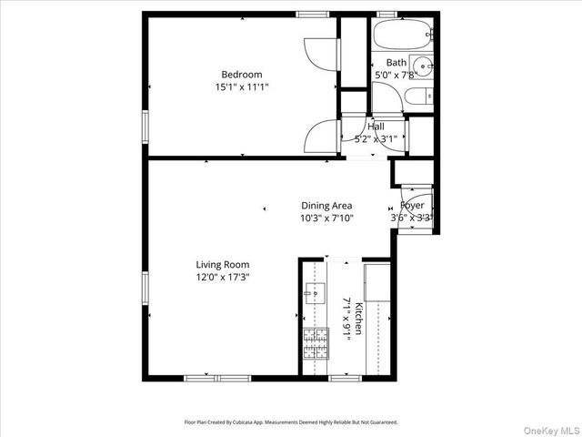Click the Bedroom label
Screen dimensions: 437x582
(x=242, y=75)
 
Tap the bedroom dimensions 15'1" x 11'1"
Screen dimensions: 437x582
(x=242, y=87)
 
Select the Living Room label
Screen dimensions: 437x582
(x=223, y=265)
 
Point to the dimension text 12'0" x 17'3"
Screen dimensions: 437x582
(x=223, y=278)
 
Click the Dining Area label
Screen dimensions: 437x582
(x=326, y=206)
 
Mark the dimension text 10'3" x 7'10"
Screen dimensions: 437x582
(x=326, y=218)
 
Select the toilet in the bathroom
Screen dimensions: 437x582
(x=416, y=97)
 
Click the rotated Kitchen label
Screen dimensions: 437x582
(x=358, y=318)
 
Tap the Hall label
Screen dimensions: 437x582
(x=376, y=127)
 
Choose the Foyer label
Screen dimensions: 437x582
(x=413, y=206)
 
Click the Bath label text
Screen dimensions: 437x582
(x=396, y=63)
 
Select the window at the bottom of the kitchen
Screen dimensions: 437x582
(x=344, y=378)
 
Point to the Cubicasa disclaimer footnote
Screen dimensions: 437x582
(x=291, y=422)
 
